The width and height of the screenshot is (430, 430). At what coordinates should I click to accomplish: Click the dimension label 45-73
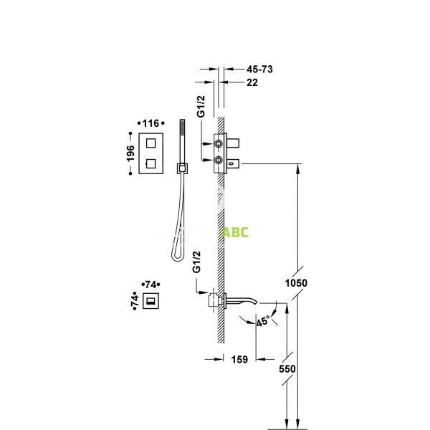[x=260, y=70]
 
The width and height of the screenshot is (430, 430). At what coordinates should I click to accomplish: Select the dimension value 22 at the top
[x=252, y=83]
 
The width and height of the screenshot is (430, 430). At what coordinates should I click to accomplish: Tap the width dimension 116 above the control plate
[x=150, y=124]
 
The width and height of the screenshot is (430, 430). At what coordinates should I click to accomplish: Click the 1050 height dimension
[x=295, y=283]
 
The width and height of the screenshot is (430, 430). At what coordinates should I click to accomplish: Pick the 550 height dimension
[x=287, y=368]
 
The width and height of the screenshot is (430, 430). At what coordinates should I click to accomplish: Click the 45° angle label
[x=263, y=322]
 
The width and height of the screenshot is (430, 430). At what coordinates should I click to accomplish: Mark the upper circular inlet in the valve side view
[x=218, y=143]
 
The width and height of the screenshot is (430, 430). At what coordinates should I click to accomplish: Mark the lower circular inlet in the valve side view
[x=218, y=159]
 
